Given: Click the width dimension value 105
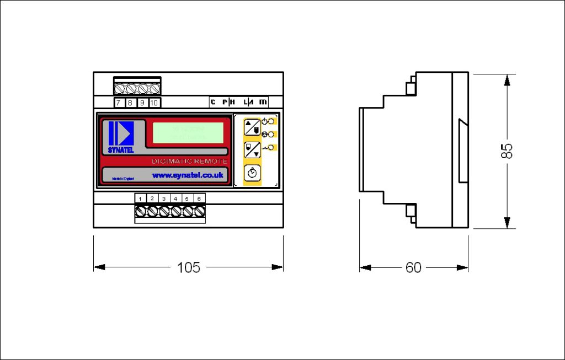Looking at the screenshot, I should pos(188,267).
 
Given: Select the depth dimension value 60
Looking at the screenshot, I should pos(413,267).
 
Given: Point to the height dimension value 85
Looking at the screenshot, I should pos(507,151).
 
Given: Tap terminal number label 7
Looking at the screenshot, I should pos(119,103).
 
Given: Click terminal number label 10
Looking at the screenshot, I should pos(154,103).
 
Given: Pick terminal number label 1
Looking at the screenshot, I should pos(141,198).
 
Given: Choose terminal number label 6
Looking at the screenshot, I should pos(199,198).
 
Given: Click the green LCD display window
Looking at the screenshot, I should pos(188,133).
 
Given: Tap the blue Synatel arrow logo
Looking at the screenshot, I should pos(121,132).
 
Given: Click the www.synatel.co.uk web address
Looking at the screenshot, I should pos(187,175).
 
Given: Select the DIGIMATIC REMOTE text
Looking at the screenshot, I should pos(189,161).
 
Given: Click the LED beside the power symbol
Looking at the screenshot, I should pos(271,121).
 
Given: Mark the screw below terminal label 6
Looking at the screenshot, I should pos(199,211).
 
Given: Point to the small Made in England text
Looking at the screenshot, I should pos(123,179).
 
